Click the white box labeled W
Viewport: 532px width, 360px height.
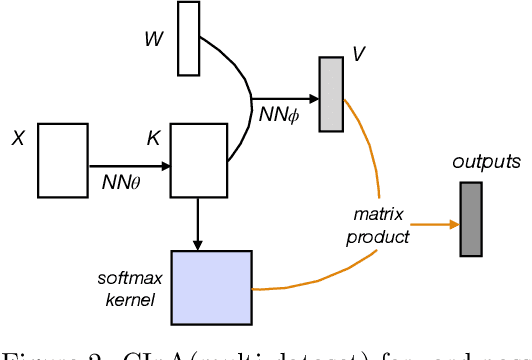pyautogui.click(x=189, y=39)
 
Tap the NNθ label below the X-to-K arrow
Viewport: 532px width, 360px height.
pyautogui.click(x=121, y=183)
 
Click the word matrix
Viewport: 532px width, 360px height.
pyautogui.click(x=377, y=215)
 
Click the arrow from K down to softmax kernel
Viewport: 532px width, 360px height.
pyautogui.click(x=199, y=222)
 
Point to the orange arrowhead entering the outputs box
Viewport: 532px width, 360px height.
pyautogui.click(x=452, y=225)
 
